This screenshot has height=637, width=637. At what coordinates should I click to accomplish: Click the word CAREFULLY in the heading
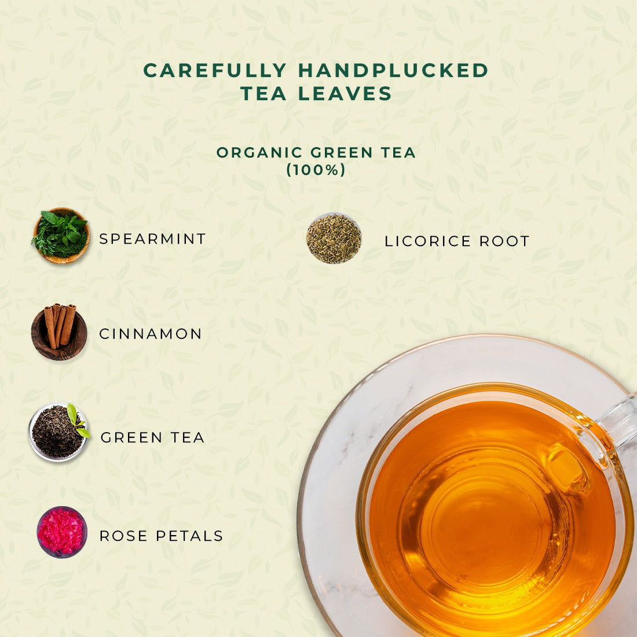pos(215,70)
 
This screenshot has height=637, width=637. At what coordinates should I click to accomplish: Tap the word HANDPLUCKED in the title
pos(393,70)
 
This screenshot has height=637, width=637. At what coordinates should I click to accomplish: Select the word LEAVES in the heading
pos(345,93)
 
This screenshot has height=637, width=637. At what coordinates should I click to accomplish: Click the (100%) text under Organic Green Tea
pos(316,170)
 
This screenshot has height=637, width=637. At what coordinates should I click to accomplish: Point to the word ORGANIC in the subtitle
pos(259,153)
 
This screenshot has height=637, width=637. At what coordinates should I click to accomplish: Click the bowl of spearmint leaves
pos(61,236)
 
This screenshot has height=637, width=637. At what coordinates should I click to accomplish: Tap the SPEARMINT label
pos(152,239)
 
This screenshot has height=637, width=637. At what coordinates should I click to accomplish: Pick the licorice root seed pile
pos(334,239)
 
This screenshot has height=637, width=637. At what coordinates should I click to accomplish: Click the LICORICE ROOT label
pos(457,241)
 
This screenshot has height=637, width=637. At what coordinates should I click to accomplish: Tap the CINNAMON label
pos(151,334)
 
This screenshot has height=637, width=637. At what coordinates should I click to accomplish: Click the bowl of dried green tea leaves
pos(58,433)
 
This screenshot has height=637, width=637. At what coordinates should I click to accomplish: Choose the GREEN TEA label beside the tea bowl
pos(152,438)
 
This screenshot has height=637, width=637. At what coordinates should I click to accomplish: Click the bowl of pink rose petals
pos(62,532)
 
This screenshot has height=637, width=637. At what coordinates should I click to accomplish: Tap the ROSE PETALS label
pos(162,536)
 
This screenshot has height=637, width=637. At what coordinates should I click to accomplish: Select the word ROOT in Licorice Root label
pos(504,241)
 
